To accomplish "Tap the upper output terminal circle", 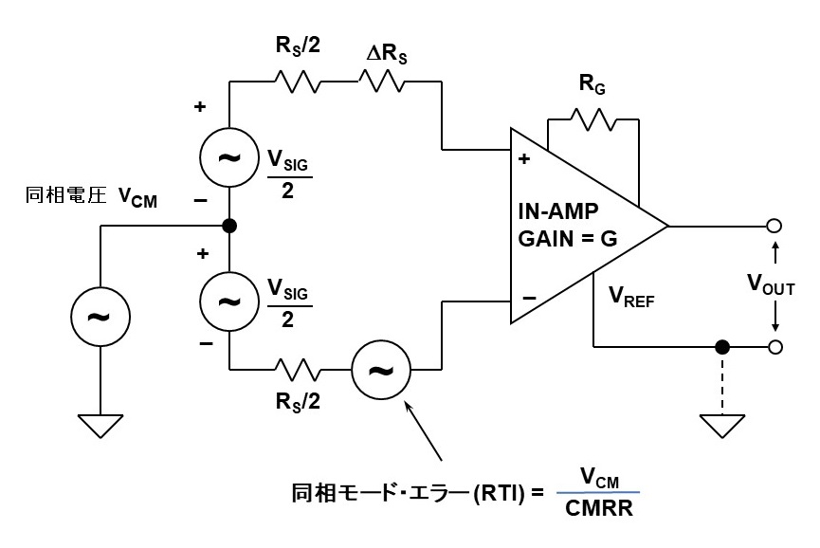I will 774,227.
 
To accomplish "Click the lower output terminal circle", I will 774,347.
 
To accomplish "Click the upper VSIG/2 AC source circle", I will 229,157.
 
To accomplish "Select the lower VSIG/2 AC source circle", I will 229,301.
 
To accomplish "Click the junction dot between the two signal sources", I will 229,227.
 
